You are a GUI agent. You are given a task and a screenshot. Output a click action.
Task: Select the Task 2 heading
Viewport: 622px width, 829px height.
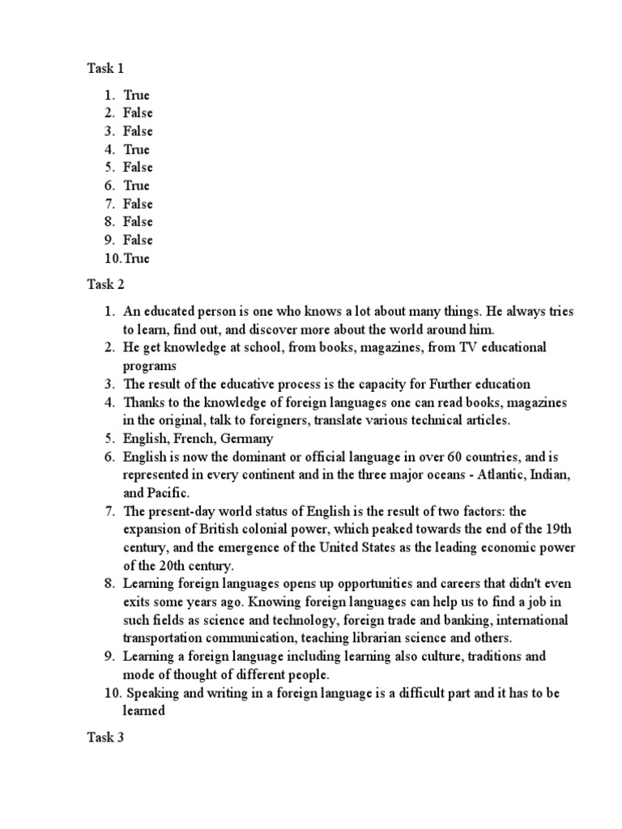pyautogui.click(x=105, y=284)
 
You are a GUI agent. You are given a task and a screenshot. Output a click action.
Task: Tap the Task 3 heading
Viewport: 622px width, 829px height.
pyautogui.click(x=105, y=738)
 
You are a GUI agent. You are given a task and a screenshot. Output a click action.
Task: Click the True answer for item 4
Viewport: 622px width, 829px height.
pyautogui.click(x=136, y=149)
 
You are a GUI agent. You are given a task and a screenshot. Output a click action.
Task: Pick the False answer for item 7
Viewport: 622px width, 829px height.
pyautogui.click(x=138, y=203)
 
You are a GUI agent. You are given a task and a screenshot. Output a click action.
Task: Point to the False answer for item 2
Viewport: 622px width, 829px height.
pyautogui.click(x=138, y=113)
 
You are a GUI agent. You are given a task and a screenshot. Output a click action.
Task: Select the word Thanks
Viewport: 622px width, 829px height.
pyautogui.click(x=143, y=402)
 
